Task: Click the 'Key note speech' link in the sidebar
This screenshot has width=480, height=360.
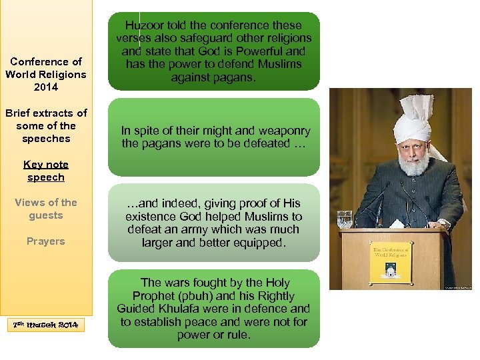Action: [x=45, y=171]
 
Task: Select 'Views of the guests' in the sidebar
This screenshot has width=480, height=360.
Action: [x=45, y=209]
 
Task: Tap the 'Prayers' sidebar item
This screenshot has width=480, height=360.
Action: [x=45, y=241]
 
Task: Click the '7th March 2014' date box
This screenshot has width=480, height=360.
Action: [x=46, y=325]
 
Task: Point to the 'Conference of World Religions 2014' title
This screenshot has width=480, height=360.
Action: [x=45, y=74]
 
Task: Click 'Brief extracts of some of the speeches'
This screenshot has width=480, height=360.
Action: [x=45, y=126]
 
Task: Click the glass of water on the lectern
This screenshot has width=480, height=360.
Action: [x=344, y=219]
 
